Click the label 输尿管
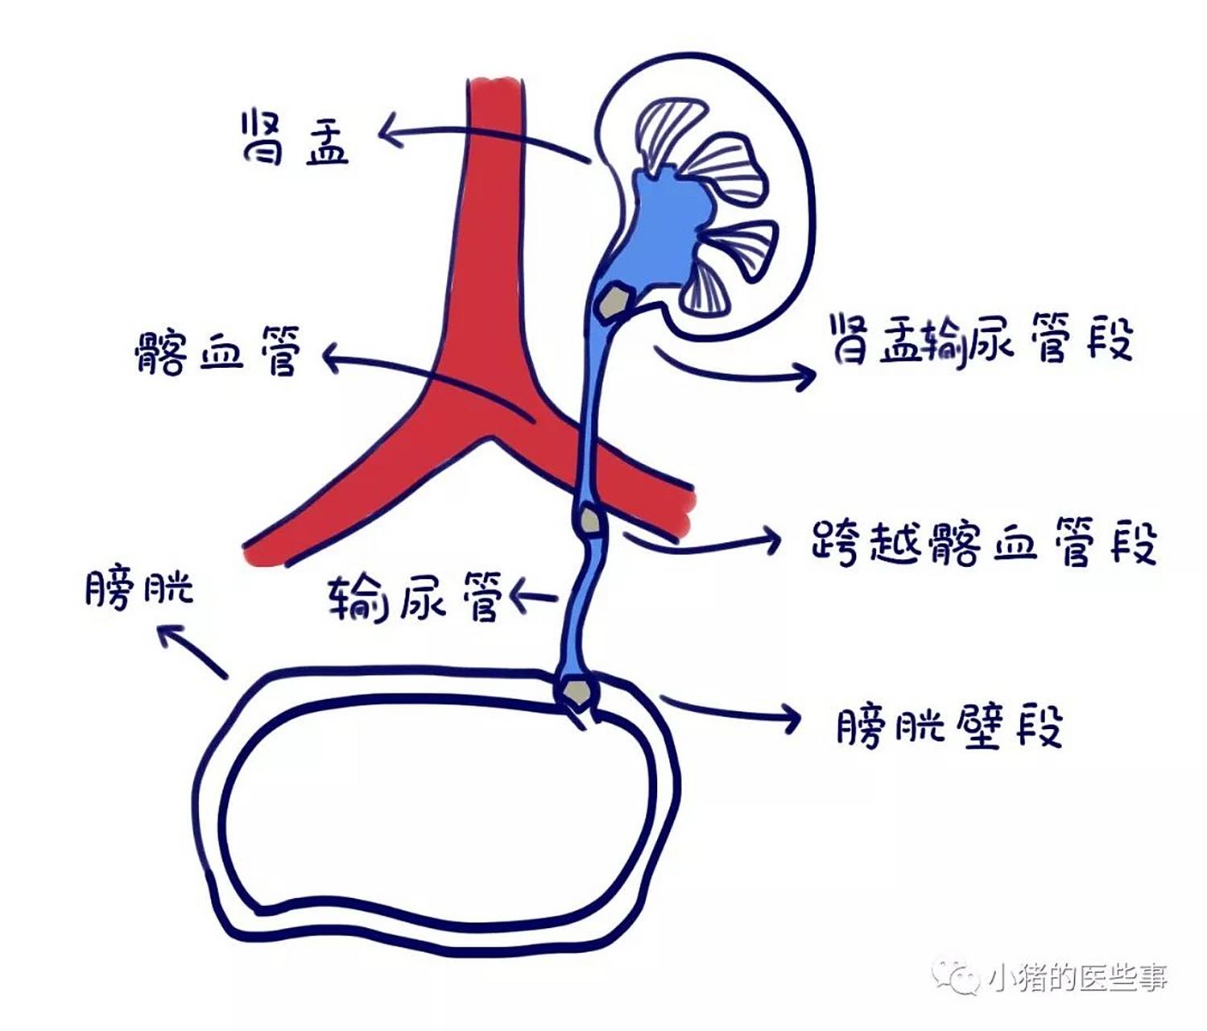coord(414,596)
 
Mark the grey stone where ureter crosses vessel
coord(591,520)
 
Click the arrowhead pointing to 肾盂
coord(390,130)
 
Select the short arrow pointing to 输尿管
coord(535,596)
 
